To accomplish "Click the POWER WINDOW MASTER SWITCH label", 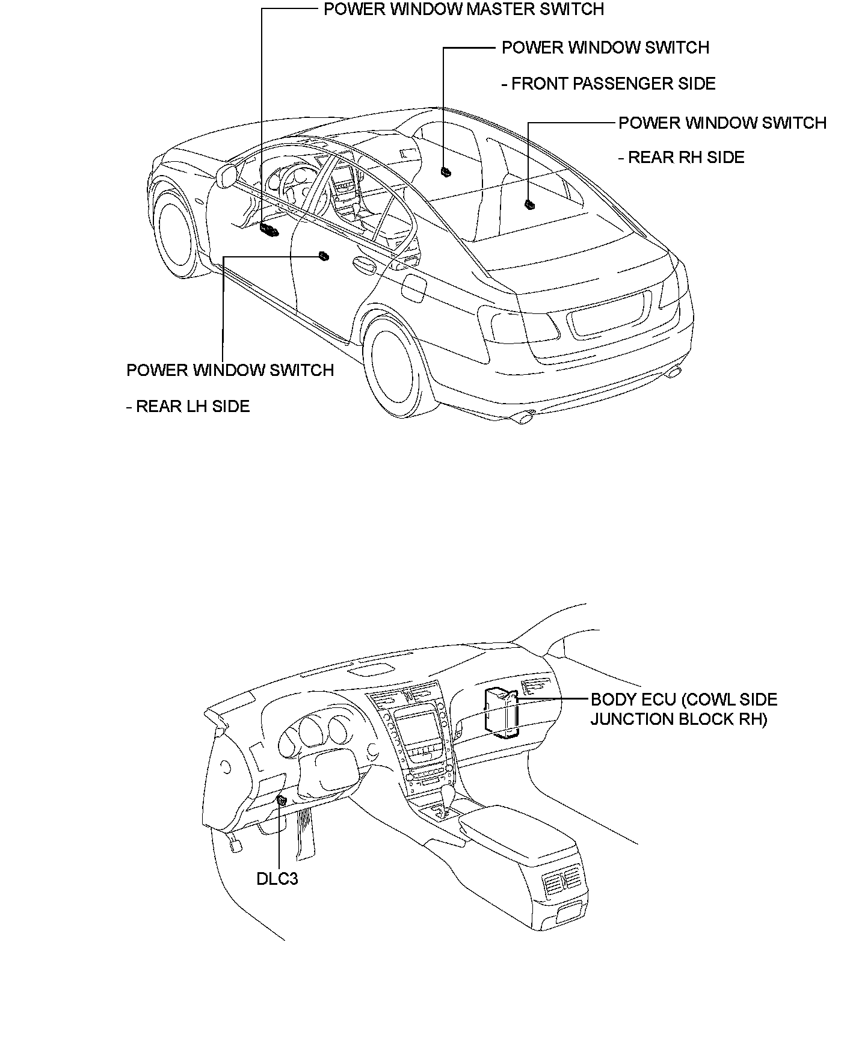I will [463, 10].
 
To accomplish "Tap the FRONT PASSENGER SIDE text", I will [608, 84].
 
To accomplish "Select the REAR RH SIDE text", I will [682, 158].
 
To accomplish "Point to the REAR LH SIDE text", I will [188, 407].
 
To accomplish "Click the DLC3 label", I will [277, 879].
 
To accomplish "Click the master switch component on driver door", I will [268, 229].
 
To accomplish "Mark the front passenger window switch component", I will [446, 172].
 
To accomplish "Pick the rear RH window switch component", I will [529, 205].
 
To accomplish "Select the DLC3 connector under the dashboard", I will [280, 800].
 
